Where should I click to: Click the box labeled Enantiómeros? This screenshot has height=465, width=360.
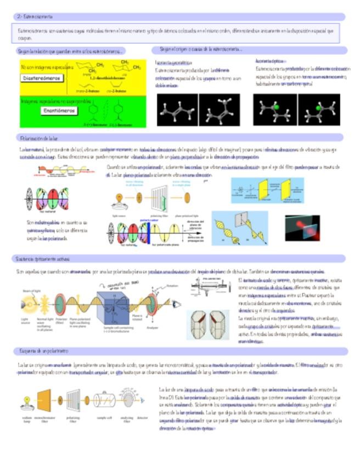click(59, 110)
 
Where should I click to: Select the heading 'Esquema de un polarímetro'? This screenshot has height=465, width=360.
click(43, 350)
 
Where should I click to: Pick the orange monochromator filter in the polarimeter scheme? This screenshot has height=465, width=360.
click(44, 399)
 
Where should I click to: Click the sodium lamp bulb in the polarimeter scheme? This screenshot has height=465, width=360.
click(25, 400)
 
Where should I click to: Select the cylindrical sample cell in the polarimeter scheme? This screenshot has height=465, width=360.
click(104, 400)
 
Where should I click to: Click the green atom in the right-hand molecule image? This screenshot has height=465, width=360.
click(319, 108)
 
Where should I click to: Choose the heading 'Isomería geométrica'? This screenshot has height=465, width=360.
click(171, 63)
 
